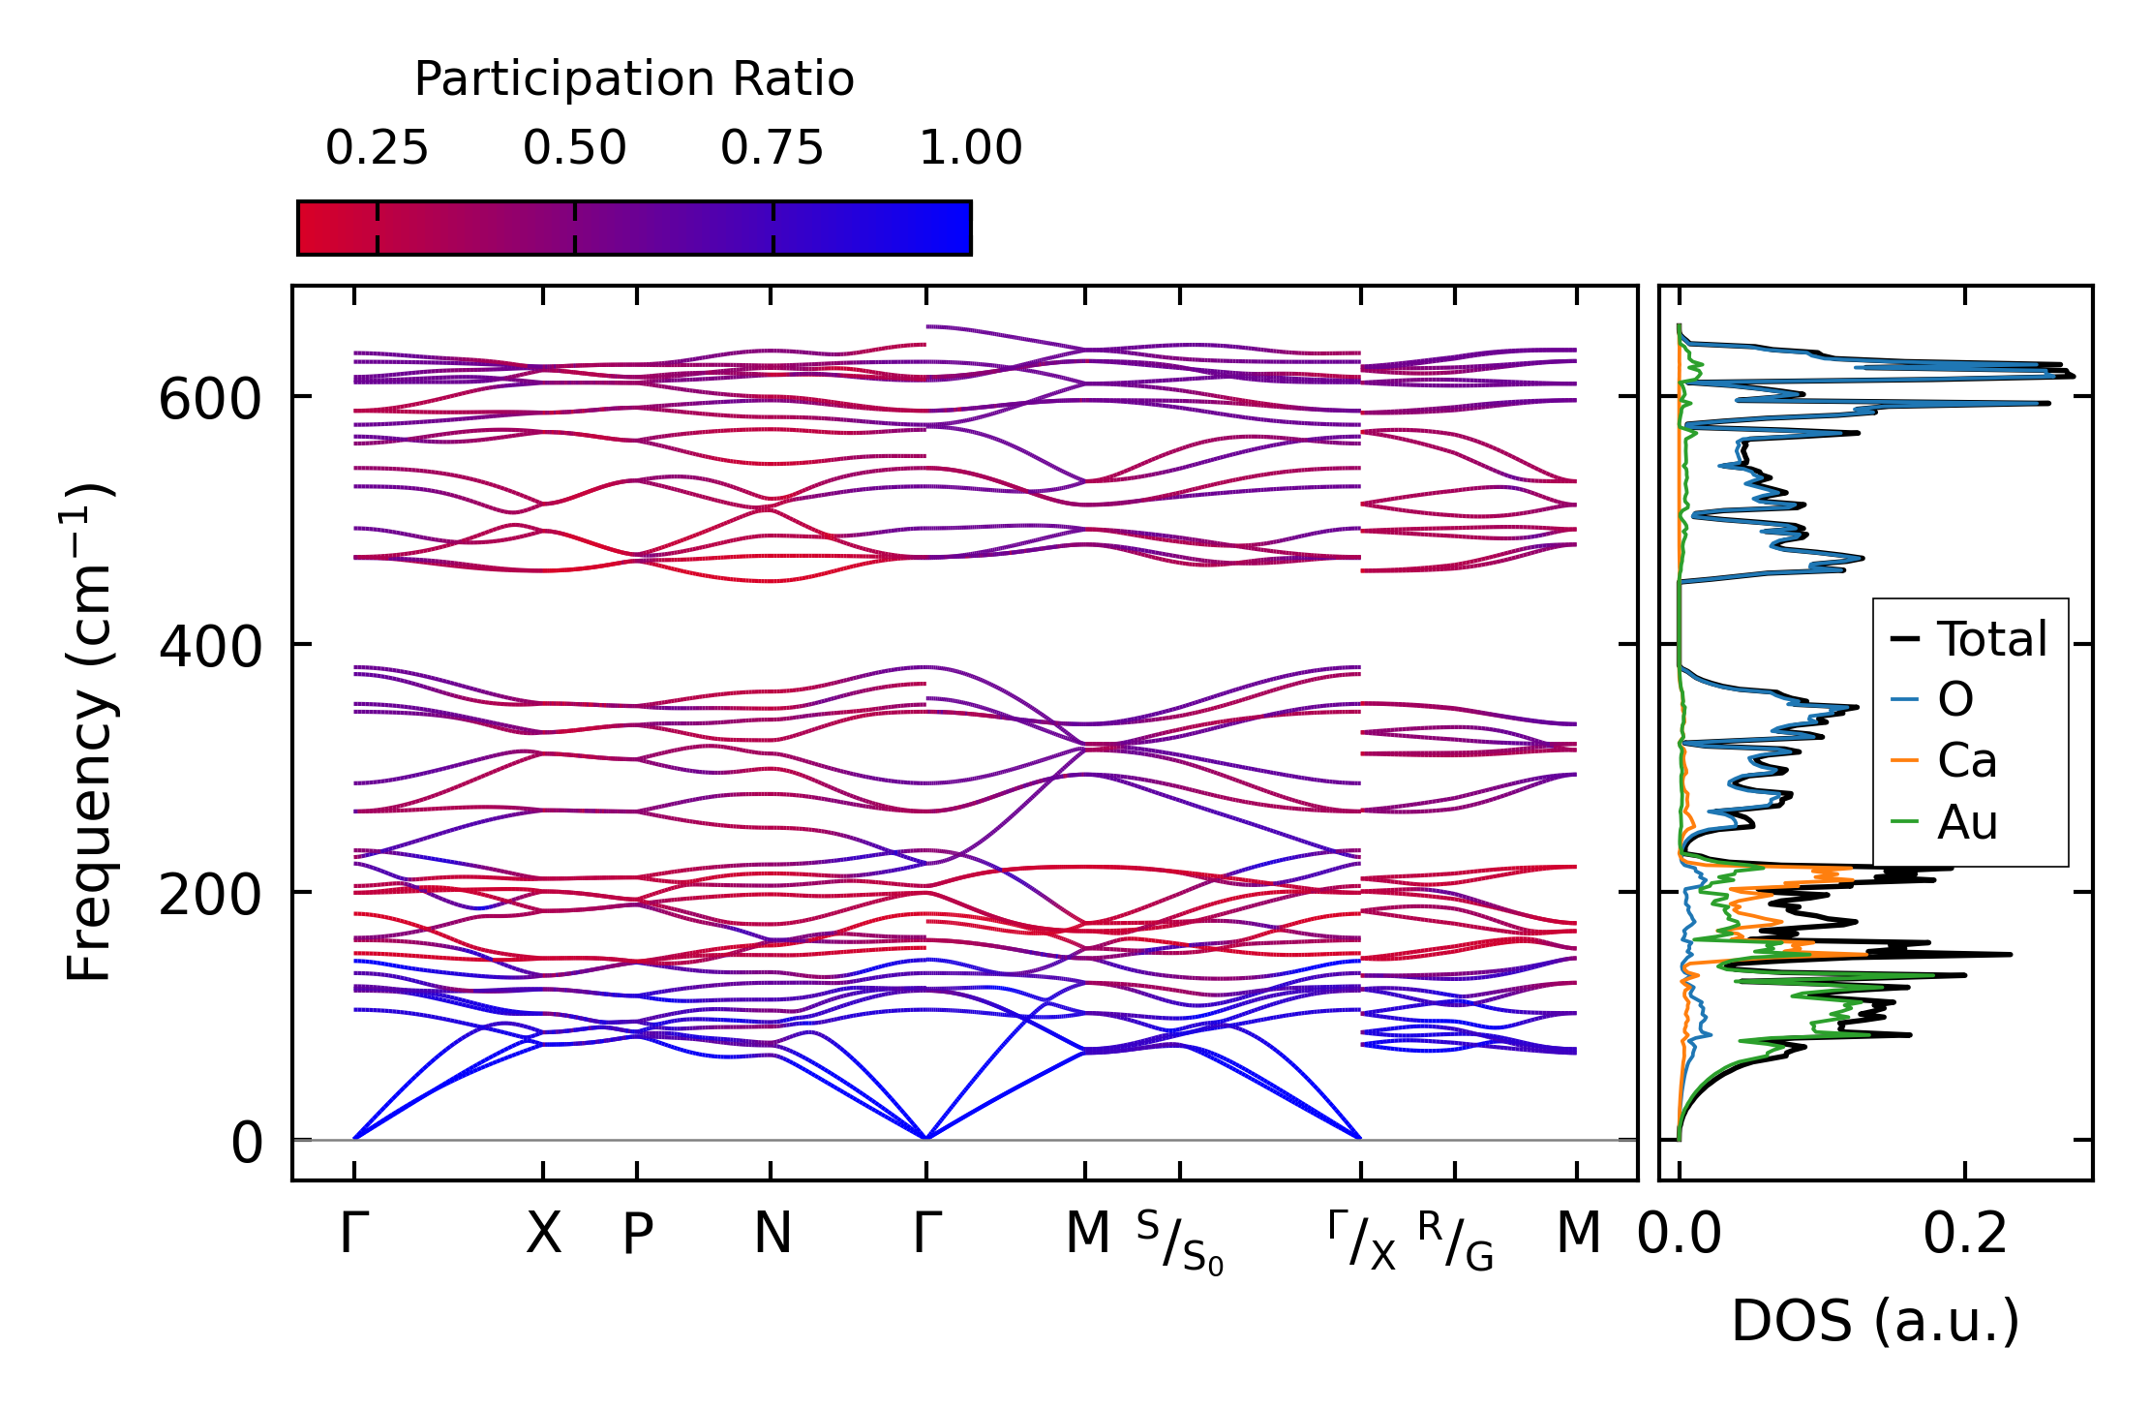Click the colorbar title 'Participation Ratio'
(634, 79)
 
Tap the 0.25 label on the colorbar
(377, 148)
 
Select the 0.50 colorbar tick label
(575, 148)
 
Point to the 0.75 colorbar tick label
(773, 148)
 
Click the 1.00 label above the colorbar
(970, 148)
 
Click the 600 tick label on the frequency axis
(210, 399)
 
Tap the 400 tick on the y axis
(210, 646)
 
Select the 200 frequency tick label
(210, 895)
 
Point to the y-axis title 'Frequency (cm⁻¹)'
(90, 732)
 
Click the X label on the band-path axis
(543, 1234)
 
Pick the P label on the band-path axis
(637, 1234)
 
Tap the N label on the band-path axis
(772, 1234)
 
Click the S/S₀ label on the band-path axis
(1180, 1241)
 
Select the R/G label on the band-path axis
(1456, 1241)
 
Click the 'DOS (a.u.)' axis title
(1875, 1321)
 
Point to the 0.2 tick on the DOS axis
(1965, 1234)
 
